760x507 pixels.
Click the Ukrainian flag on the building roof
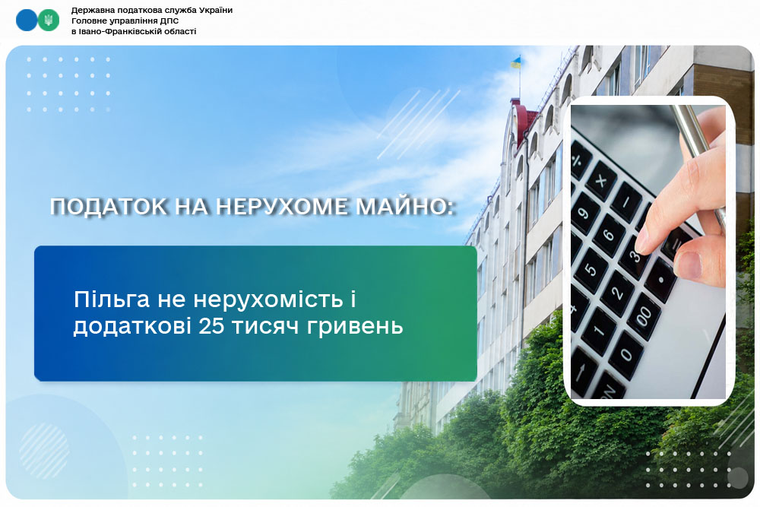(x=515, y=62)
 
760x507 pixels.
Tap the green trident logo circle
(x=48, y=21)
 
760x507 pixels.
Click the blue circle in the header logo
(x=27, y=21)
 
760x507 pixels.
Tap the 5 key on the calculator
(x=591, y=269)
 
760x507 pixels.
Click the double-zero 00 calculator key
(x=643, y=316)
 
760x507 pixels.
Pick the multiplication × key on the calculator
(x=601, y=182)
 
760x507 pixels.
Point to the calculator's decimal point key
(x=660, y=280)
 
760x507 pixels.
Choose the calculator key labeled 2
(x=617, y=293)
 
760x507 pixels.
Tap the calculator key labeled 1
(x=598, y=331)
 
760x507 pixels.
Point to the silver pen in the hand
(x=698, y=155)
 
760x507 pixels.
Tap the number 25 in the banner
(x=211, y=326)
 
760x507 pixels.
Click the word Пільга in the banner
(x=112, y=300)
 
